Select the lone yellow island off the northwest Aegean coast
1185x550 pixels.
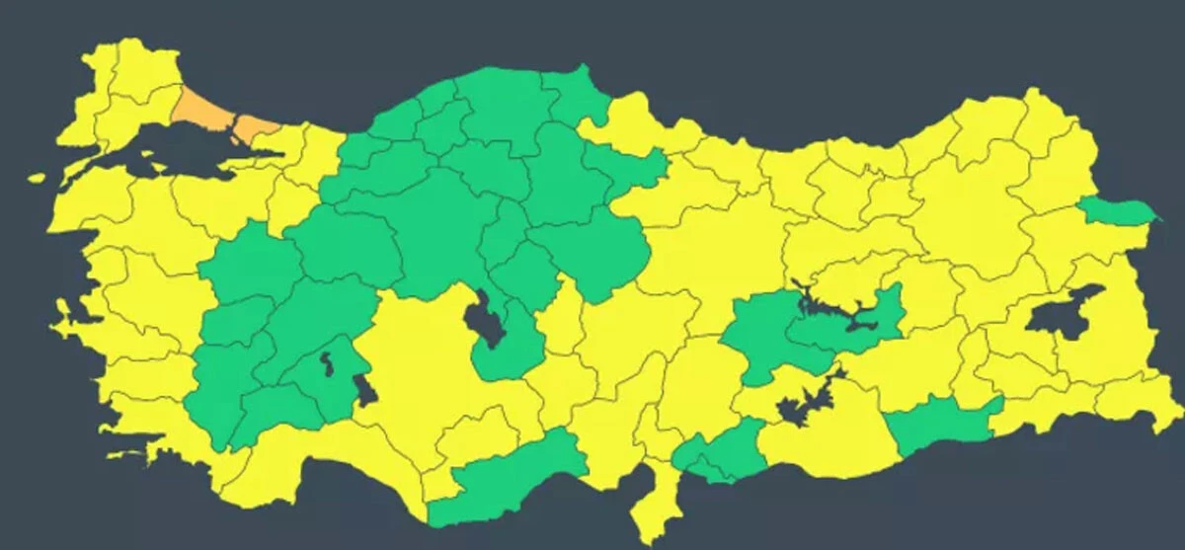(37, 179)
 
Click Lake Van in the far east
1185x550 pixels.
(1062, 313)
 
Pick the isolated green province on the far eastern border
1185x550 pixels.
(1116, 210)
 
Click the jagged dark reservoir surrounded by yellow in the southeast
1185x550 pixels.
(805, 400)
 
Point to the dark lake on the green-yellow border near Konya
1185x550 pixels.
(363, 389)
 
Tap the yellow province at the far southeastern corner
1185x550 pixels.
(1136, 400)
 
